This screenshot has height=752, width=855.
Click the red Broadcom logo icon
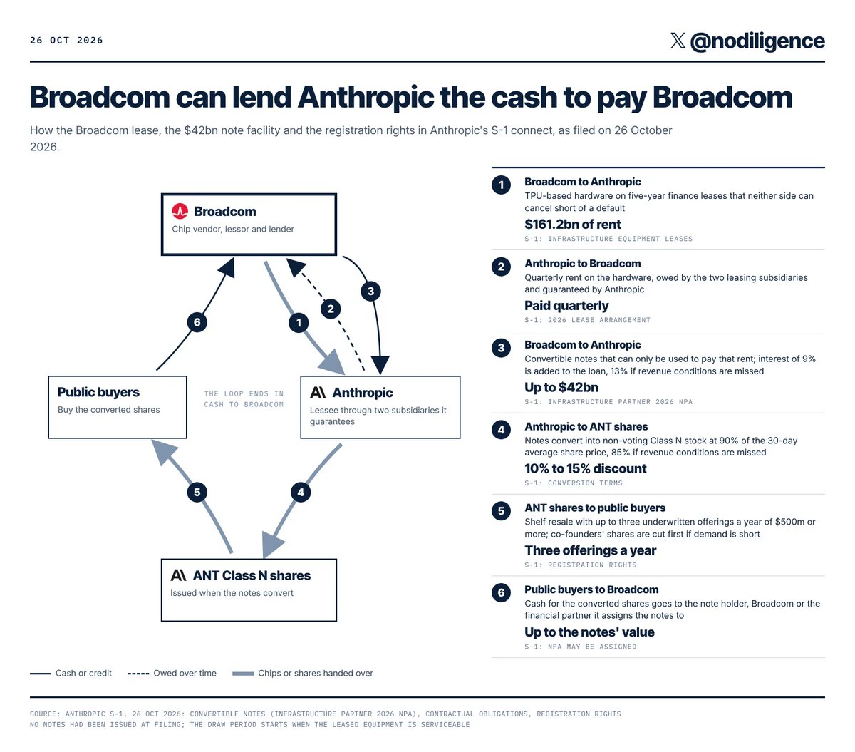(x=180, y=211)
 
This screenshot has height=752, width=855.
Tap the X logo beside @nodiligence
(x=678, y=41)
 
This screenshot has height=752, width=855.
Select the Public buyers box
(x=118, y=407)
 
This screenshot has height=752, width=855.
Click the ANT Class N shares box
(x=249, y=590)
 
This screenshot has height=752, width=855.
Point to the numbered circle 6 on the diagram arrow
(x=197, y=322)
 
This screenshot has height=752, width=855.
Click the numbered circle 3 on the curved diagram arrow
(x=370, y=291)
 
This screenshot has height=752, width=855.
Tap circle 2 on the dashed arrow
(x=331, y=309)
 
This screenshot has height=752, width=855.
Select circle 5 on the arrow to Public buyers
(x=197, y=492)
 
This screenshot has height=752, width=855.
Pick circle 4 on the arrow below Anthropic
(x=301, y=492)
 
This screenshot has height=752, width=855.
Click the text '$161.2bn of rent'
(x=573, y=225)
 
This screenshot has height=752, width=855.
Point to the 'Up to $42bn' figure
(x=561, y=387)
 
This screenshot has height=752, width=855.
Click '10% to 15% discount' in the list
(x=586, y=469)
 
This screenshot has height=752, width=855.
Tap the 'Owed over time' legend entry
(x=172, y=673)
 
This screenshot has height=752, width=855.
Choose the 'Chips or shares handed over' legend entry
(x=303, y=673)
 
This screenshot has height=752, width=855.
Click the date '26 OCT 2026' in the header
(x=66, y=40)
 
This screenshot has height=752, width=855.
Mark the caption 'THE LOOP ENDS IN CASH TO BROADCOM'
(x=244, y=399)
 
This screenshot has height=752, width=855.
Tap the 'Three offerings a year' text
(x=591, y=550)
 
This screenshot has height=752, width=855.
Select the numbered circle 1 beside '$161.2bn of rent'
(x=502, y=185)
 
